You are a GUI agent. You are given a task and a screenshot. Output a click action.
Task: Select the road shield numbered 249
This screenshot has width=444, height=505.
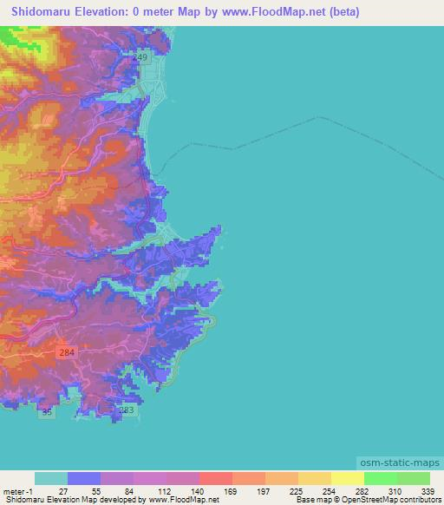[x=141, y=56]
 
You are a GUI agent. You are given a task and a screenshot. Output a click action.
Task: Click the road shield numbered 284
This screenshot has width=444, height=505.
[x=68, y=352]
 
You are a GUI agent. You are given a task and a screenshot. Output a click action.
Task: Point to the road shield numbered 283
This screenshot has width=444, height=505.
[x=126, y=410]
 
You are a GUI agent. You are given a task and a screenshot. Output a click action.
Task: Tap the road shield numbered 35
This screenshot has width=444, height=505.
[x=47, y=413]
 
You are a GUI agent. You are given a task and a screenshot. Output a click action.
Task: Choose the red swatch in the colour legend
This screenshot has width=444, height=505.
[x=215, y=478]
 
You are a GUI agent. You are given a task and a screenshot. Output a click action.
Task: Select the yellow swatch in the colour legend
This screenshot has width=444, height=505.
[x=347, y=478]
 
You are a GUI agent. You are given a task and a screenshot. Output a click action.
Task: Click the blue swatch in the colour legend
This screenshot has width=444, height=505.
[x=84, y=478]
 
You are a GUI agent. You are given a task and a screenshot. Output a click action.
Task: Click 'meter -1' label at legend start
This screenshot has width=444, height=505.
[x=16, y=490]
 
